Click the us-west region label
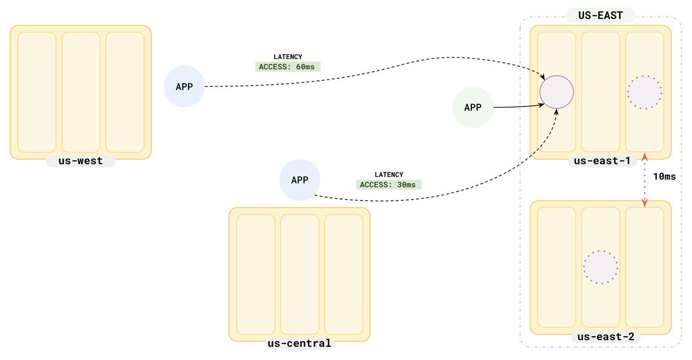point(81,161)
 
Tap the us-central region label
point(299,344)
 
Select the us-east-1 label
point(602,161)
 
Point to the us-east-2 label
point(605,337)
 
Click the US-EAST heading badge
point(600,16)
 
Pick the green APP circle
point(473,108)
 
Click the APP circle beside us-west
point(184,86)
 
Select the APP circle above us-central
point(300,180)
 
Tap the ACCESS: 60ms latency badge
point(288,67)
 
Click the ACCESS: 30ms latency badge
point(389,185)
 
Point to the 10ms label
point(664,177)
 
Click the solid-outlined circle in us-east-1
point(556,92)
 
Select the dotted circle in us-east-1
point(644,92)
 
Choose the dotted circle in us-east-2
point(601,267)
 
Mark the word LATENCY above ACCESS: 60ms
point(288,57)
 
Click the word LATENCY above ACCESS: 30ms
point(389,175)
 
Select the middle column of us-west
point(81,92)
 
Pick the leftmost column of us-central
point(256,275)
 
